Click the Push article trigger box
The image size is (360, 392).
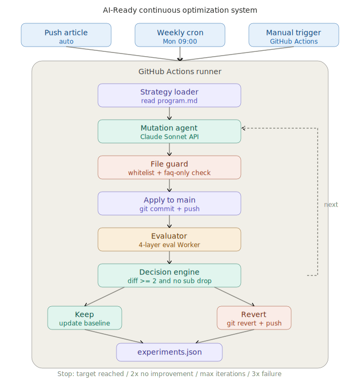point(66,35)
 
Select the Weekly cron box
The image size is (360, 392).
point(180,35)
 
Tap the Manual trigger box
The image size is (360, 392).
point(294,35)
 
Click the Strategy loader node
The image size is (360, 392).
point(169,95)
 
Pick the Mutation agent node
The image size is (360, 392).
point(169,131)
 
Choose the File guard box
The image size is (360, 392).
point(169,167)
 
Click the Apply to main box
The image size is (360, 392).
point(169,203)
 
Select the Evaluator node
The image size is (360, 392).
point(169,239)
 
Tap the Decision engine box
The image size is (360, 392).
point(169,275)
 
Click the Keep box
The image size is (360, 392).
point(85,318)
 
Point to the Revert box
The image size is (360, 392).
point(254,318)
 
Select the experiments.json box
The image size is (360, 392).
point(169,352)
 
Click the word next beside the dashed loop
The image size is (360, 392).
point(331,204)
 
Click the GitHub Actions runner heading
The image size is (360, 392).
point(180,72)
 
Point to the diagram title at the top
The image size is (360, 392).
point(180,10)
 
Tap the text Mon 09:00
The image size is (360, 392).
point(180,41)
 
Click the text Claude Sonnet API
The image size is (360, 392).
point(169,137)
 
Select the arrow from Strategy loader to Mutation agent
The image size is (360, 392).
point(169,113)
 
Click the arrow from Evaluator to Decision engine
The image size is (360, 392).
point(169,257)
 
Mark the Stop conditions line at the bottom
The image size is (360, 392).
point(169,374)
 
